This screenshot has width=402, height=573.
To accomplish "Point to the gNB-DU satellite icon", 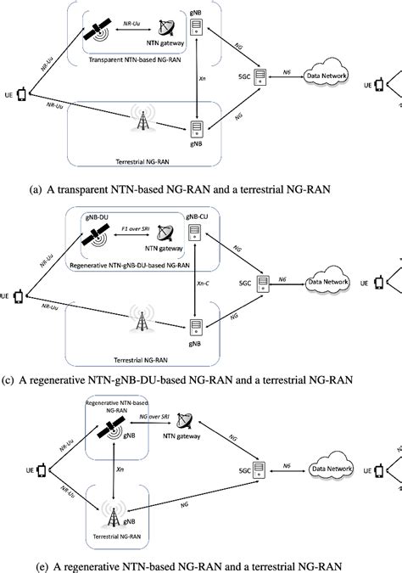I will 92,242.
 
